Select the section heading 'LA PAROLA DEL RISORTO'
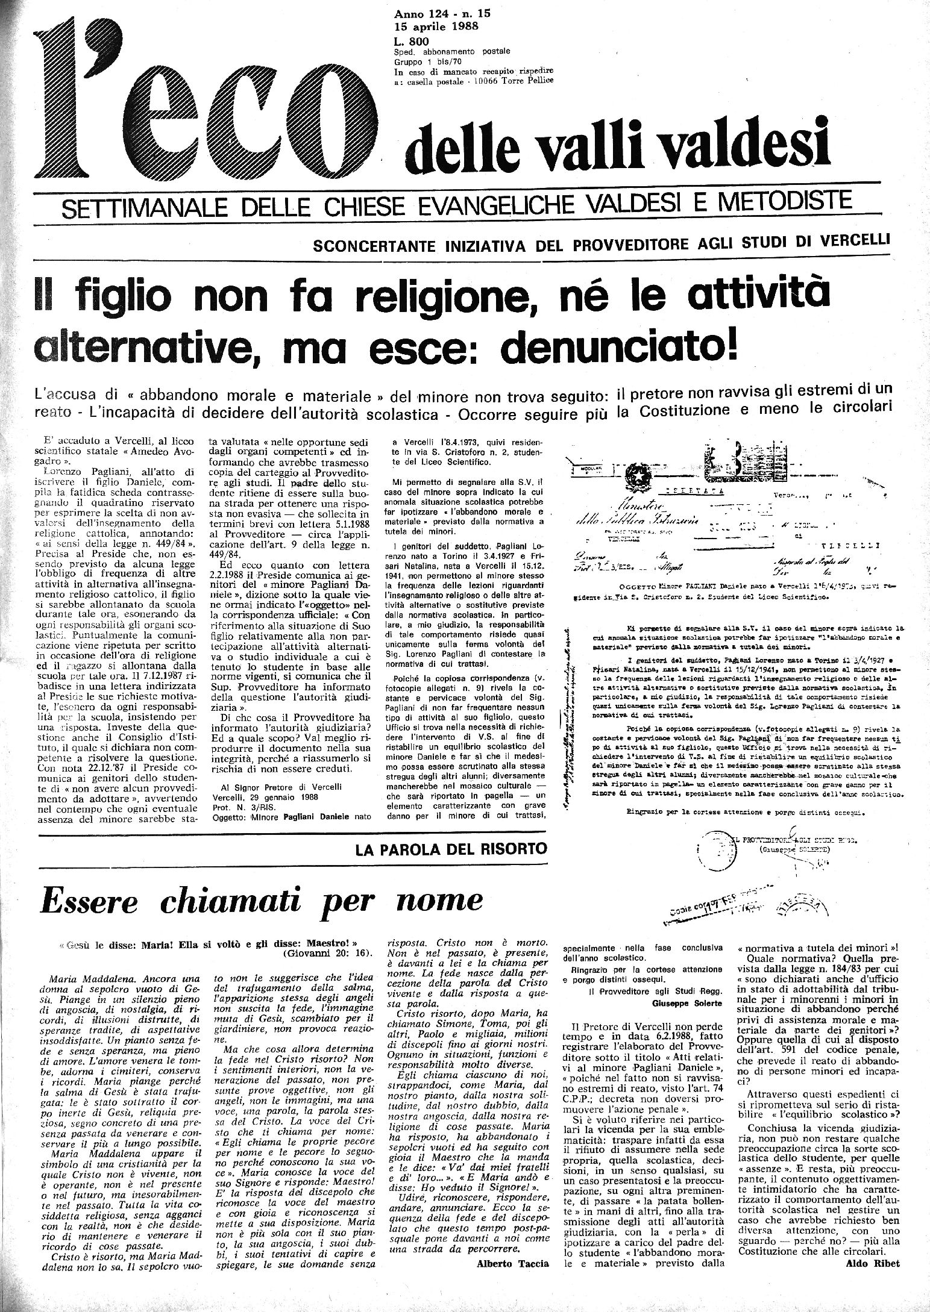[450, 849]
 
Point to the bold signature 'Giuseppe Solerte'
[687, 1001]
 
